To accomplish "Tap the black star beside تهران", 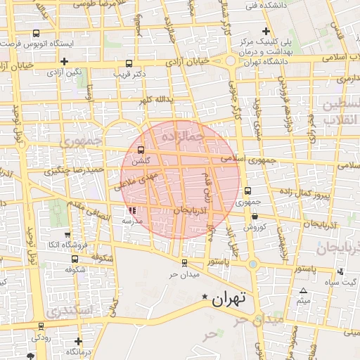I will point(205,297).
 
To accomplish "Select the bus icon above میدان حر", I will point(184,263).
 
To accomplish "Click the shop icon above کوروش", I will point(254,216).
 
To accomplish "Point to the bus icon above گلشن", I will point(141,150).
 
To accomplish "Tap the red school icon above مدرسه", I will point(133,210).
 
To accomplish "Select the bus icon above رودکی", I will point(41,326).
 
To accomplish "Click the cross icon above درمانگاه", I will point(77,342).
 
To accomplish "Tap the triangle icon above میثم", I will point(304,291).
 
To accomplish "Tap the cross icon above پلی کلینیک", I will point(265,31).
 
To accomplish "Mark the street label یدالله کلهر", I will point(155,101).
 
